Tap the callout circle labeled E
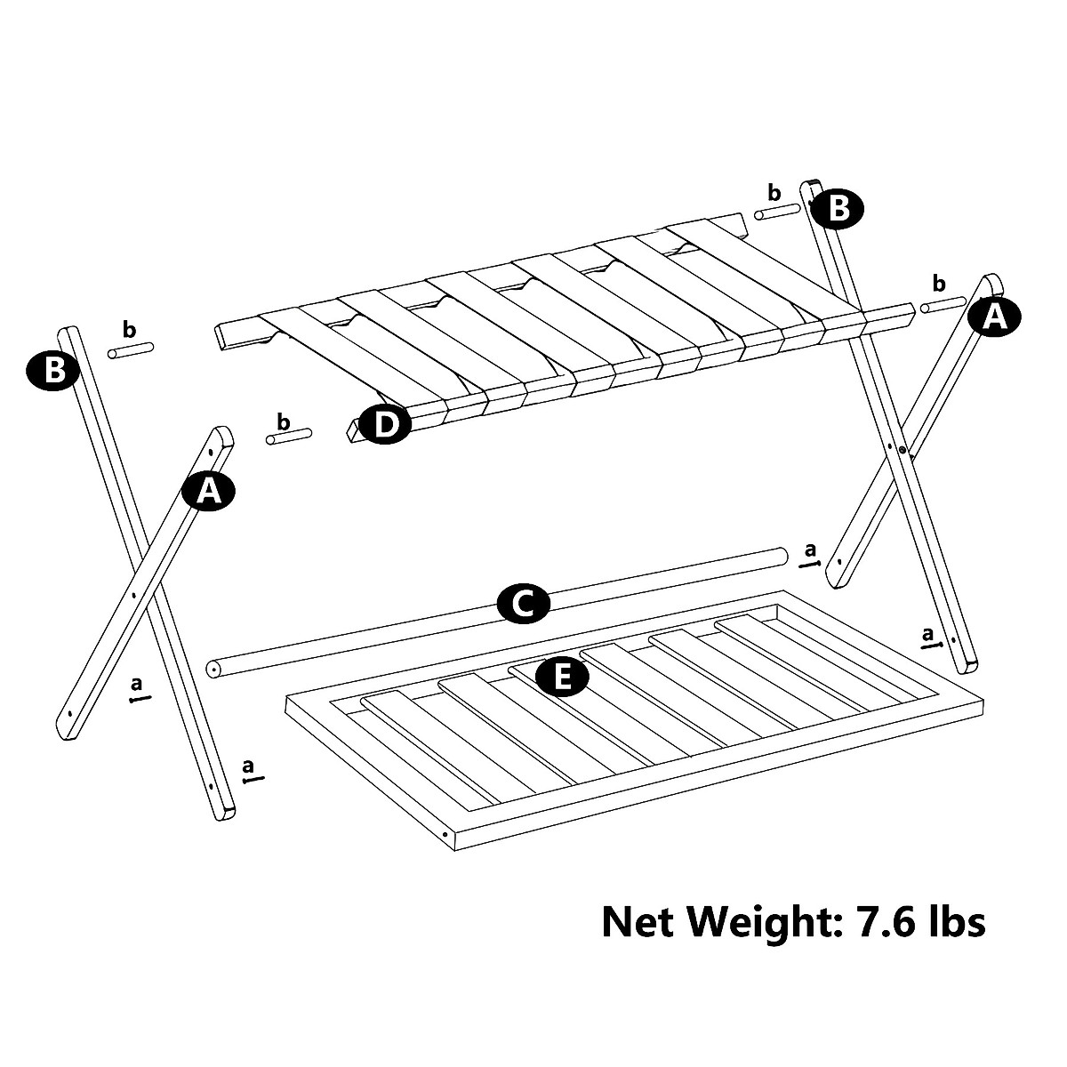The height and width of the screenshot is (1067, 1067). (x=562, y=678)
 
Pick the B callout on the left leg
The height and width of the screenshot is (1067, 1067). (x=55, y=370)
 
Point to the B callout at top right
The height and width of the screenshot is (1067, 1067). (x=837, y=209)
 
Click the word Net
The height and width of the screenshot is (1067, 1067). (x=641, y=921)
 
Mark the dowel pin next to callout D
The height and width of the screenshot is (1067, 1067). (x=290, y=436)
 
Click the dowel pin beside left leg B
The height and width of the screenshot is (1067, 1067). (x=131, y=349)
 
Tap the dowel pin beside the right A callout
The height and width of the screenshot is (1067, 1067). (x=943, y=304)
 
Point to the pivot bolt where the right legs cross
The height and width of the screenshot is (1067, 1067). (x=903, y=452)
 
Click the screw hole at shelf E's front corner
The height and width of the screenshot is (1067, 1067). (x=445, y=834)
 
